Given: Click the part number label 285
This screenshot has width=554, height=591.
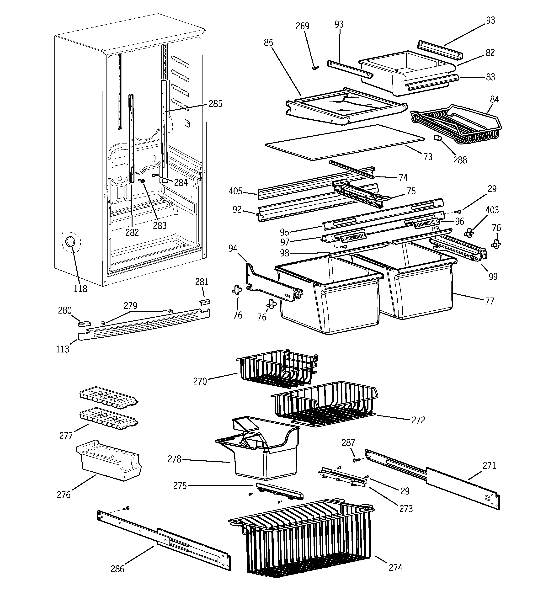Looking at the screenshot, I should [x=215, y=104].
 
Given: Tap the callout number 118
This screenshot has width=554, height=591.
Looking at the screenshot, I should [x=80, y=288].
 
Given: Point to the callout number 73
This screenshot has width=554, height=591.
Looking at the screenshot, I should [x=428, y=157].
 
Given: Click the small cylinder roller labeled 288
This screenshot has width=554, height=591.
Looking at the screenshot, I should [x=437, y=138].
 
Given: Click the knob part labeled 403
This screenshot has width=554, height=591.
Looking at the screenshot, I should [x=469, y=233].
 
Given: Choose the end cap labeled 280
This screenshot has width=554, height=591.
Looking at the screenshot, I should [x=84, y=323].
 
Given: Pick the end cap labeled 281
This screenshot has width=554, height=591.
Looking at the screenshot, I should [x=205, y=302].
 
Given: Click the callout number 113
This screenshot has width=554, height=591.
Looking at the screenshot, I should [x=63, y=349].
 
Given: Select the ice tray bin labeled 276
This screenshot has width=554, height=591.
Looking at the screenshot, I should [x=109, y=461].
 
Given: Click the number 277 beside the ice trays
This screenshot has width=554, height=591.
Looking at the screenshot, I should [x=66, y=436].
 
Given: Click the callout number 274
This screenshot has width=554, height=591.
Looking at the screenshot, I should [x=395, y=568].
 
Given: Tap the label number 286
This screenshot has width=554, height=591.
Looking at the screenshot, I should [x=117, y=569].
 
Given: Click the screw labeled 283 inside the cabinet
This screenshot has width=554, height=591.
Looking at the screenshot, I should [x=142, y=181].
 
